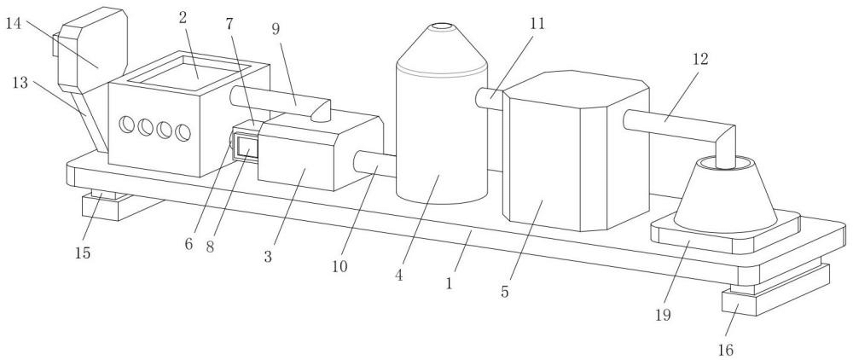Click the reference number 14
pos(15,24)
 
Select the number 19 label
pos(663,314)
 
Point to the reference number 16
pos(726,350)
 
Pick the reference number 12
pos(700,59)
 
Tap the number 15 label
pos(83,253)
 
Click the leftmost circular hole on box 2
pos(127,125)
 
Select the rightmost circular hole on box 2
pos(183,133)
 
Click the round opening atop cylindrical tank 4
pos(442,26)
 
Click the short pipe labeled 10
pos(375,163)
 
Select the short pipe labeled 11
pos(489,99)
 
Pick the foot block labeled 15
pos(117,206)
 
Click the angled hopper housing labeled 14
pos(92,49)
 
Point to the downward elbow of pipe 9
pos(321,111)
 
